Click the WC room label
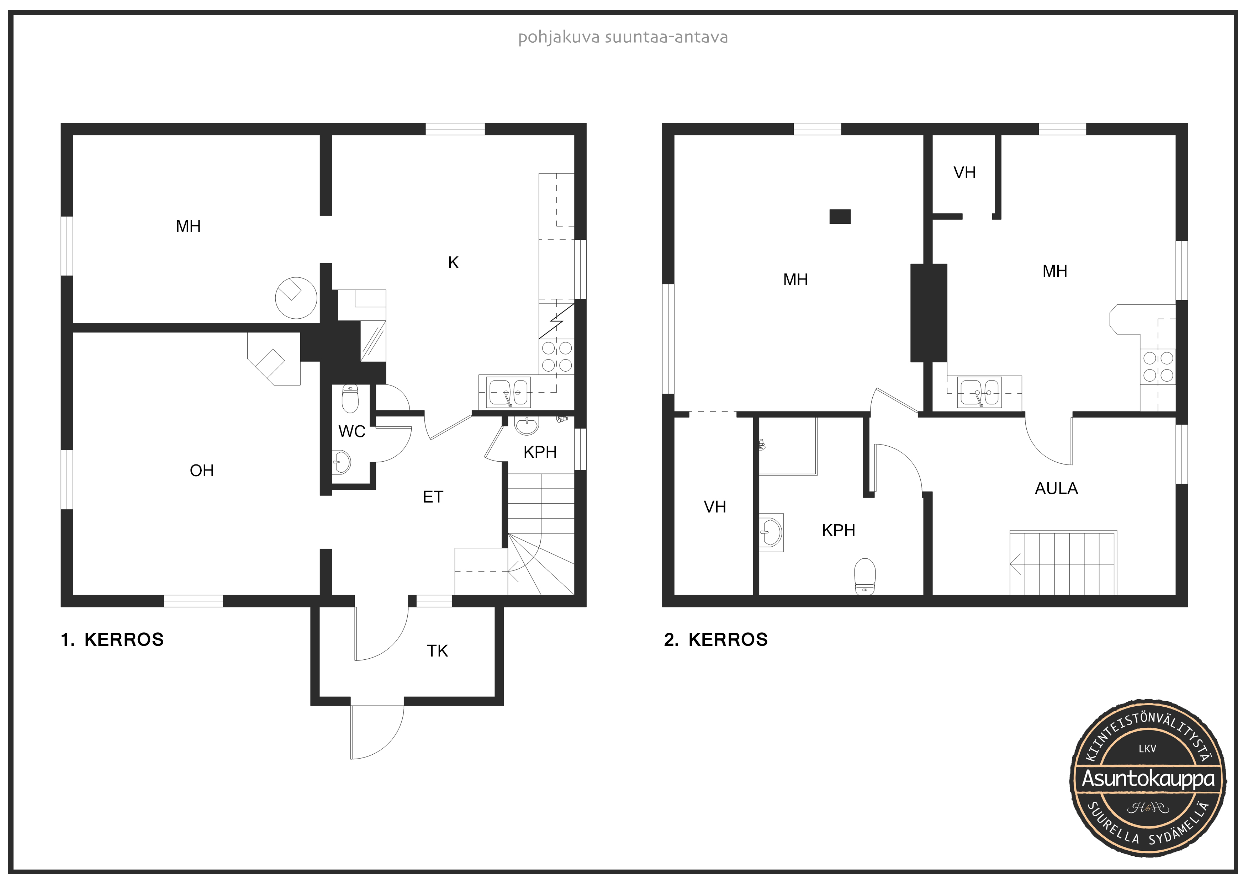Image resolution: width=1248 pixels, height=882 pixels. pos(352,431)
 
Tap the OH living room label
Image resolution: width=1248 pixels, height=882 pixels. pos(202,471)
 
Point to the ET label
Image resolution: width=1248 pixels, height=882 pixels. pos(433,497)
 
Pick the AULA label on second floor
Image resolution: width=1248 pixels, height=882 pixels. pos(1056,489)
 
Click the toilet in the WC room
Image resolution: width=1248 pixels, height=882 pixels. pos(350,399)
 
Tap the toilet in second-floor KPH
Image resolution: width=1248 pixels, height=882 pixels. pos(865,577)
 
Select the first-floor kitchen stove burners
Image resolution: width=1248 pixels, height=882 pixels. pos(557,356)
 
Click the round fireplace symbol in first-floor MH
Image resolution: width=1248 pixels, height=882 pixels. pos(296,297)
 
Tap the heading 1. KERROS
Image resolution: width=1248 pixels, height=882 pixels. pos(112,639)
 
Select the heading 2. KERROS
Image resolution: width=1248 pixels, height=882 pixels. pos(716,639)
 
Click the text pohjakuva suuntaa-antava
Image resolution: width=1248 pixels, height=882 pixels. pos(623,37)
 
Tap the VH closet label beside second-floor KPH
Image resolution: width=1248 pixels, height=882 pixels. pos(715,507)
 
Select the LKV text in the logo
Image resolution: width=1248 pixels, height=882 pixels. pos(1147,749)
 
